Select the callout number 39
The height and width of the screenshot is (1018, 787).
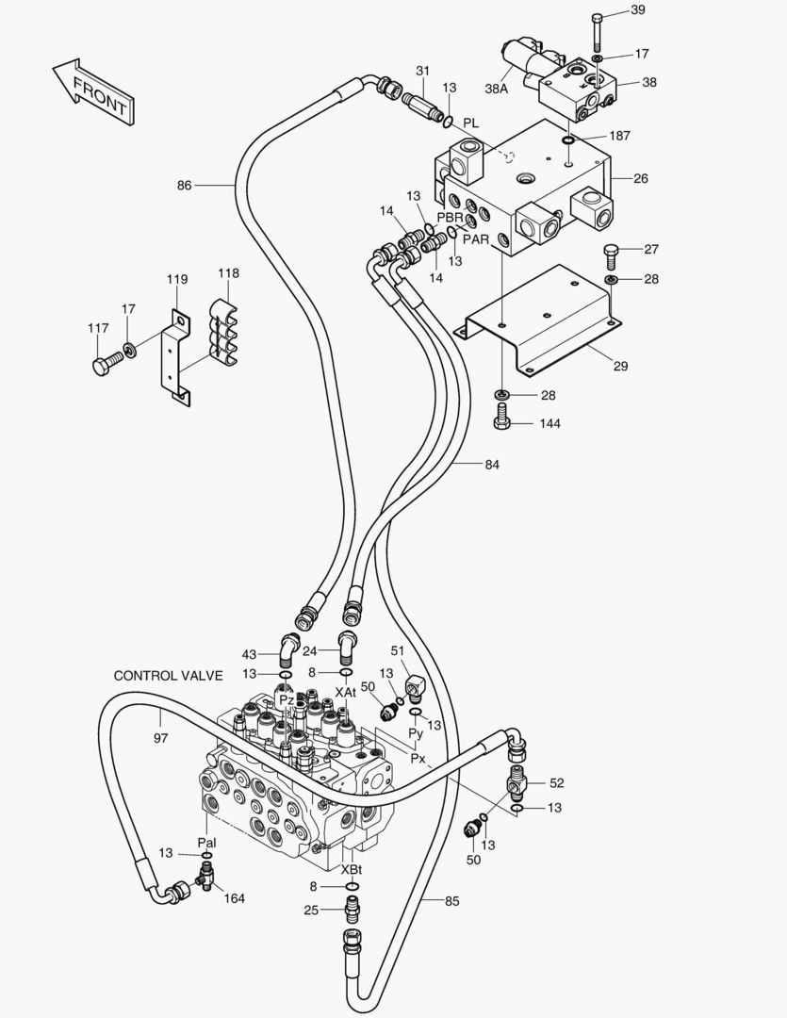[638, 10]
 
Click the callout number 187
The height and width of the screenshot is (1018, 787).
[619, 136]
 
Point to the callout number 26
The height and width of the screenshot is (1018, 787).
[641, 177]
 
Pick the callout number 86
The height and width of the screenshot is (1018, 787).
[184, 186]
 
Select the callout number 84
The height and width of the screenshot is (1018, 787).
[492, 464]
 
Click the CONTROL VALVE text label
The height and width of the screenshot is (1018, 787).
[168, 676]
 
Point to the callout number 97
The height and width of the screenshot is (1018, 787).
[160, 738]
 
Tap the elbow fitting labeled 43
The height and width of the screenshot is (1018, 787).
[287, 648]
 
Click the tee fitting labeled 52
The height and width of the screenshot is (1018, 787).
[518, 782]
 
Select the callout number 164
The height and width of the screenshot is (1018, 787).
[234, 898]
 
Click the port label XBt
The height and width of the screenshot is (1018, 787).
[352, 869]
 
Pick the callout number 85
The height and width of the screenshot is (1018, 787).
[452, 901]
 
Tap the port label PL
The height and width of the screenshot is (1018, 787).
[471, 123]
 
